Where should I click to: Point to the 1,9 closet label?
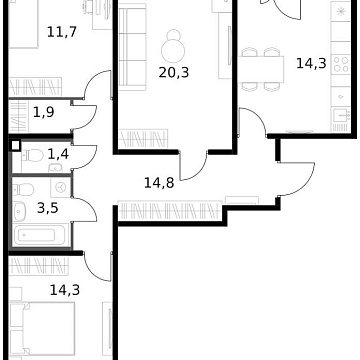pos(44,112)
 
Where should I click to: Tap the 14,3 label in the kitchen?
pos(310,62)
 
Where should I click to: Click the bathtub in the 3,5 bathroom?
pos(39,236)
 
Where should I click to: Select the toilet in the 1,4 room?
pos(24,159)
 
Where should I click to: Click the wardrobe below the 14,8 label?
pos(165,210)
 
